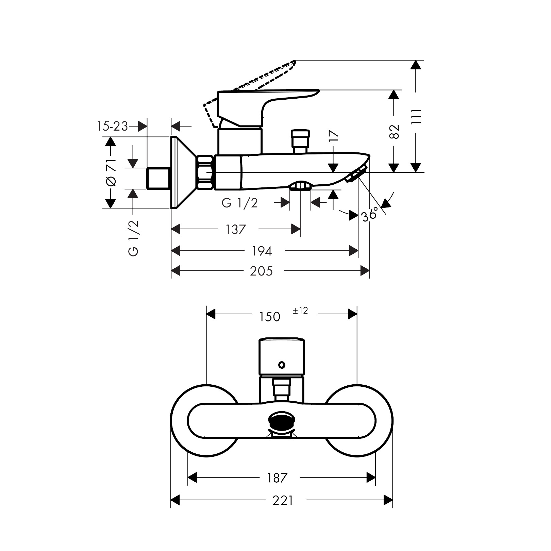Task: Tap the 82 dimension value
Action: (x=394, y=131)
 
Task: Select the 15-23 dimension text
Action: (x=112, y=126)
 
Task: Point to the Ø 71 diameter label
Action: (x=111, y=172)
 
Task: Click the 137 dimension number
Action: (x=235, y=230)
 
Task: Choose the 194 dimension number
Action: (x=262, y=251)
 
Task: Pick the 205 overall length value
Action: (x=261, y=271)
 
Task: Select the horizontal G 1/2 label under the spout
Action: (x=240, y=203)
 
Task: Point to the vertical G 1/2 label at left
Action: (x=134, y=238)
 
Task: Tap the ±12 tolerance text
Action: (x=300, y=311)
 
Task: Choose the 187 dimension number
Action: (x=277, y=478)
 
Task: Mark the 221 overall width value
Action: (x=283, y=500)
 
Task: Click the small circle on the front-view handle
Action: (x=281, y=365)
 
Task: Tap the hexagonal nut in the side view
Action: (x=205, y=172)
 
